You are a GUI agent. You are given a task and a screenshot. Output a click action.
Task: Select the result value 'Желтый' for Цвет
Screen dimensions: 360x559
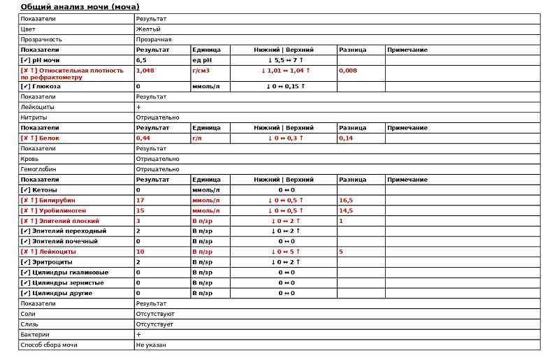[x=148, y=29]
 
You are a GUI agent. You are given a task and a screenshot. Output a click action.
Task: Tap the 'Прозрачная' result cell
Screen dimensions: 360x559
[x=154, y=40]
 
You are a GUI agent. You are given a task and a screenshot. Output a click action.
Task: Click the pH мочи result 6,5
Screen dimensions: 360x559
[x=141, y=60]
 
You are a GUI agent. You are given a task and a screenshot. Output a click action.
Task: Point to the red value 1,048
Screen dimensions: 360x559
[x=145, y=71]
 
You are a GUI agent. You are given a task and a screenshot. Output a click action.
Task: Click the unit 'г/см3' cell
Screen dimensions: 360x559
[x=201, y=71]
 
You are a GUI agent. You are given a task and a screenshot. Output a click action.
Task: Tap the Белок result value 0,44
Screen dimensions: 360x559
[x=143, y=138]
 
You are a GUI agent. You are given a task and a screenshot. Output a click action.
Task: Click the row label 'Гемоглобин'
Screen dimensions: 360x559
[x=38, y=169]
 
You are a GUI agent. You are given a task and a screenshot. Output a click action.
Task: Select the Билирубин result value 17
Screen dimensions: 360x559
[x=140, y=200]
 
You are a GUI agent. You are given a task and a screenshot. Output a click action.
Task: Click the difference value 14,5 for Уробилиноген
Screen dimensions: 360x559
[x=346, y=210]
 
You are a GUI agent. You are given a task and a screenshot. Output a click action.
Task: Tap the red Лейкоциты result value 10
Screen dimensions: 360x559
[x=140, y=252]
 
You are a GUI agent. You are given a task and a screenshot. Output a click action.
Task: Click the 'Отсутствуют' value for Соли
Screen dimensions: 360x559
[x=155, y=314]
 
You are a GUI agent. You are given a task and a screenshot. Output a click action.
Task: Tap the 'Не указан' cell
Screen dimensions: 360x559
[x=151, y=345]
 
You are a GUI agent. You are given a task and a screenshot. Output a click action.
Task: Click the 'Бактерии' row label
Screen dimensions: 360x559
[x=34, y=334]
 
